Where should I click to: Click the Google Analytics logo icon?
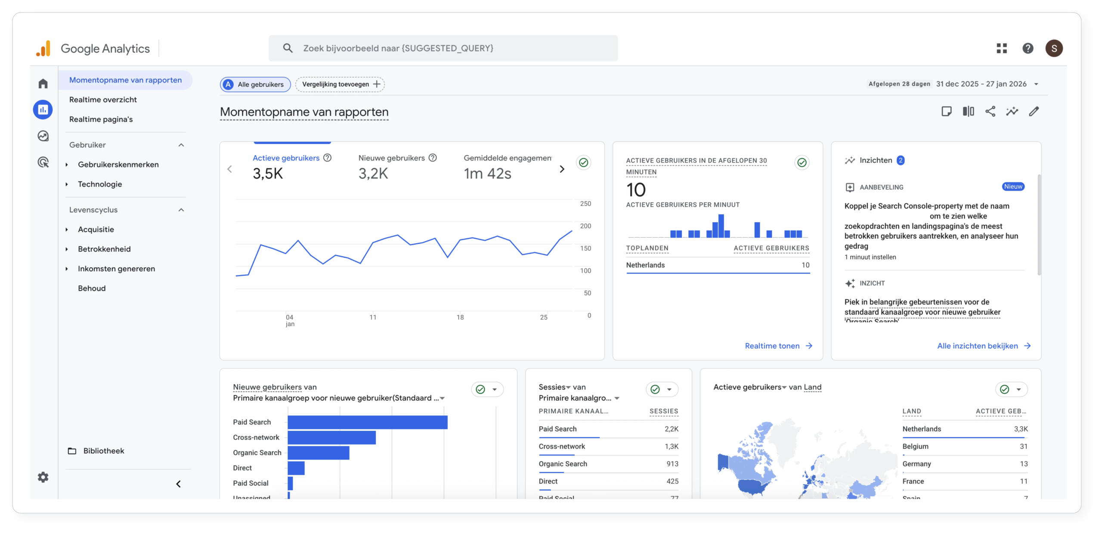[43, 49]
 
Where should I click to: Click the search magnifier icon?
[288, 48]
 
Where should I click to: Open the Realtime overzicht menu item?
[103, 100]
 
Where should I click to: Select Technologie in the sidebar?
[100, 184]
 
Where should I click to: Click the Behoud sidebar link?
[92, 288]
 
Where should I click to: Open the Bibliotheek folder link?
[103, 451]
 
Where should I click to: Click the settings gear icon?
[43, 477]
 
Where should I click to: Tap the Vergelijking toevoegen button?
[340, 84]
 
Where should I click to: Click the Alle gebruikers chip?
[255, 84]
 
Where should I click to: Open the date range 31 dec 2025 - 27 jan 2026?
[981, 84]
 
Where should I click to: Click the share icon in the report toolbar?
[990, 111]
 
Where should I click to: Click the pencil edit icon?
[1034, 111]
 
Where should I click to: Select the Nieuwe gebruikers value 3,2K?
[373, 174]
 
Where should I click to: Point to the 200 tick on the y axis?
[585, 226]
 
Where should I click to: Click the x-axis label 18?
[460, 317]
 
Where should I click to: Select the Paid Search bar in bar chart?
[367, 422]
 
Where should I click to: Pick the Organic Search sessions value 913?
[672, 464]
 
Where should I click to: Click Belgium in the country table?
[916, 446]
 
